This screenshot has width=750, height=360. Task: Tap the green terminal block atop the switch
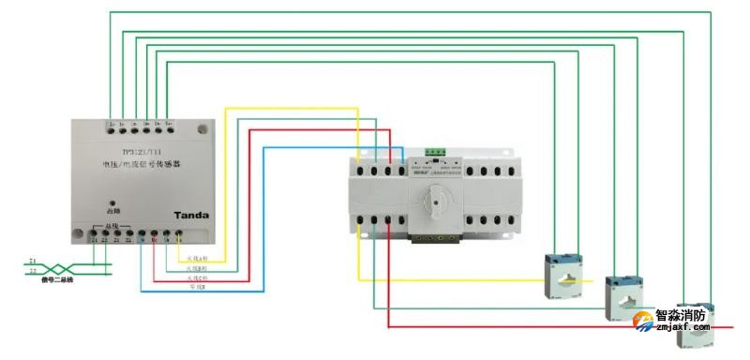(435, 151)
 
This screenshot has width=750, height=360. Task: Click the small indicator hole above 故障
(113, 202)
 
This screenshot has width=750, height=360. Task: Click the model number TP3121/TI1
(141, 150)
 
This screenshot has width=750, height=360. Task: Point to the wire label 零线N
(195, 288)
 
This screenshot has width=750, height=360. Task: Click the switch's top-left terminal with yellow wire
(359, 171)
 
